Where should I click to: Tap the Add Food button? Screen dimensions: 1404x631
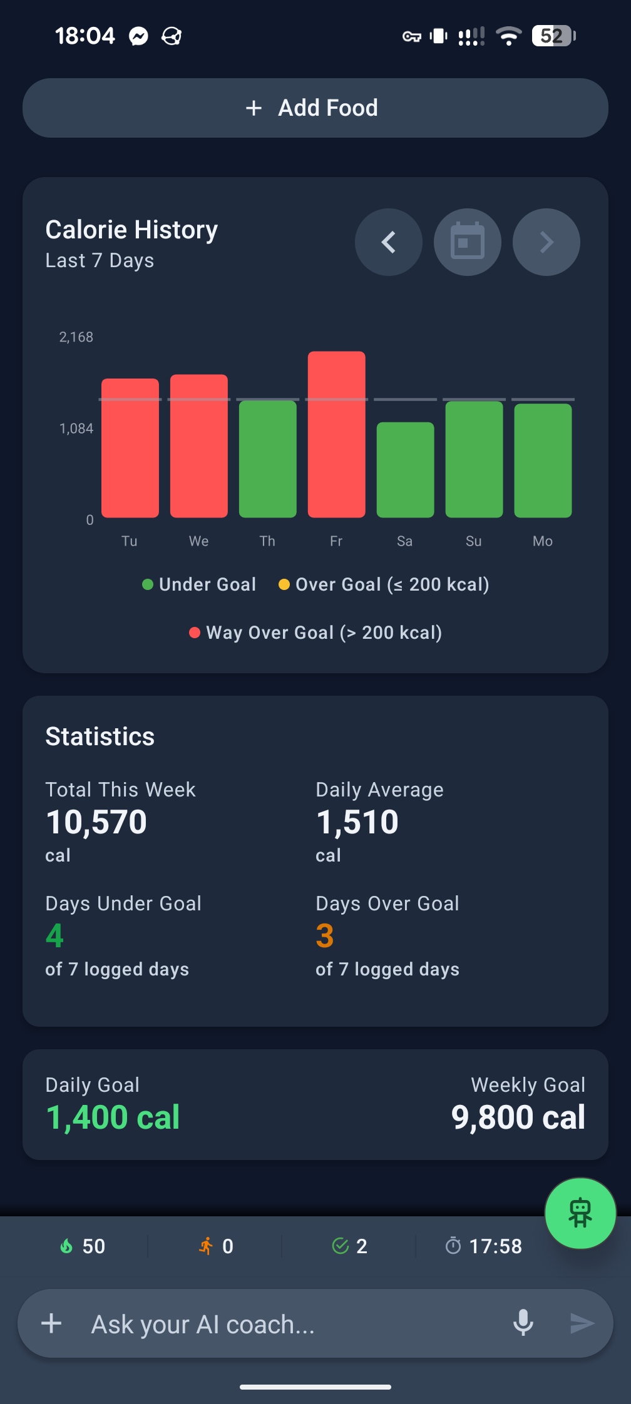[315, 108]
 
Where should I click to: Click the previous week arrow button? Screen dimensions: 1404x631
[389, 242]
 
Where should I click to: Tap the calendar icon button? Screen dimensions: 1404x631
[468, 242]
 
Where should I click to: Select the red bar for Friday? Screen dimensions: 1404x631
[336, 434]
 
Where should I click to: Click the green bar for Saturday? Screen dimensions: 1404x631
[405, 470]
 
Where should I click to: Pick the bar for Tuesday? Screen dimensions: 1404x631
[130, 448]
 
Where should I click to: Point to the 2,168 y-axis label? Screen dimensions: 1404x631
[76, 337]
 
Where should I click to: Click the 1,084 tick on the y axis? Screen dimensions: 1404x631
[76, 429]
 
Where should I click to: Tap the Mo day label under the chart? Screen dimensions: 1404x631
[542, 541]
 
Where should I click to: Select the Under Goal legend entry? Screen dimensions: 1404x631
[199, 584]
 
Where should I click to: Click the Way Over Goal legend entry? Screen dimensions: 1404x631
[315, 633]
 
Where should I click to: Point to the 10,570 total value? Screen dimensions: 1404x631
[96, 822]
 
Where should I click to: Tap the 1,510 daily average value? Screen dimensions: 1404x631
[357, 822]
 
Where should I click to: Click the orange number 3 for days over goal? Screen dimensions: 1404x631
[325, 936]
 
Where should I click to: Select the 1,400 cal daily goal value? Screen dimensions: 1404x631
[113, 1117]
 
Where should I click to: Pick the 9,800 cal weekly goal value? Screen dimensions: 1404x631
[518, 1117]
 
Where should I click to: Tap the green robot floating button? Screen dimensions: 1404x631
[580, 1213]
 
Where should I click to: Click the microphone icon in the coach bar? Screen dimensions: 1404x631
[523, 1323]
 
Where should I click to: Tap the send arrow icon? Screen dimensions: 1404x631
[582, 1323]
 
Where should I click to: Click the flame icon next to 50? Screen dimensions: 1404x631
[66, 1246]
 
